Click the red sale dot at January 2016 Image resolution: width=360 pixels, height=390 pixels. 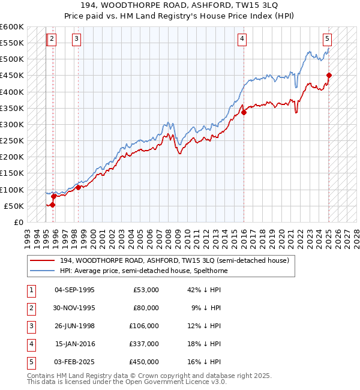click(244, 112)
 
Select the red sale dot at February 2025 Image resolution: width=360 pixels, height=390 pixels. click(329, 76)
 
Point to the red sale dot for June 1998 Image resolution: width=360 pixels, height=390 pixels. click(79, 187)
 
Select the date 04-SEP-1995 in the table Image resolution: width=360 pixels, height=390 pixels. click(75, 289)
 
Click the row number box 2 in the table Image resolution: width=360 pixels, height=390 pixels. click(31, 308)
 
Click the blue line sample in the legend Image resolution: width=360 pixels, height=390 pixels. click(42, 271)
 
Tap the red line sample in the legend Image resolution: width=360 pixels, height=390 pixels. click(42, 260)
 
